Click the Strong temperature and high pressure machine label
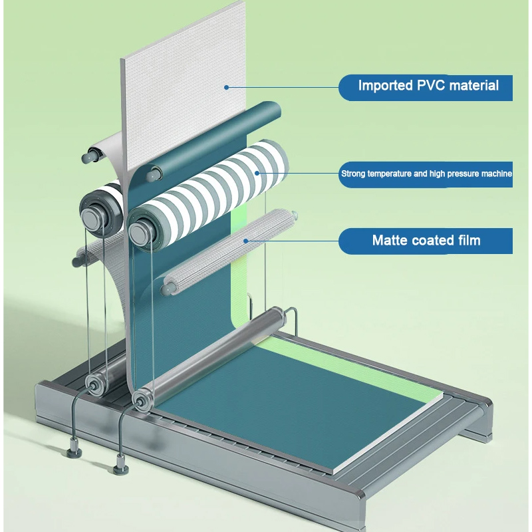426,174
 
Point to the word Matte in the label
390,240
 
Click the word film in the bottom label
467,240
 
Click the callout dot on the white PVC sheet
226,86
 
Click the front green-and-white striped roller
213,193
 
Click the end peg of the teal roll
153,176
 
